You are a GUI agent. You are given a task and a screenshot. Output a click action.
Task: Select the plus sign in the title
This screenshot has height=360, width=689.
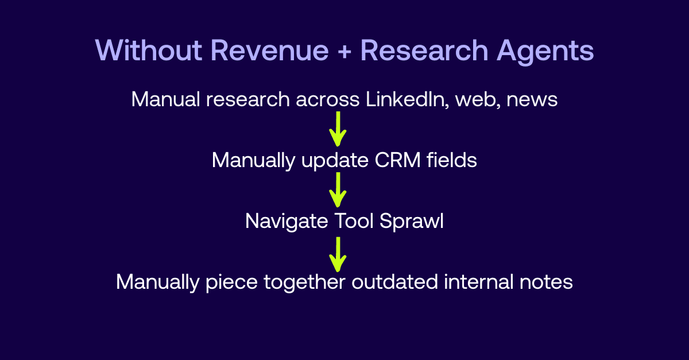344,52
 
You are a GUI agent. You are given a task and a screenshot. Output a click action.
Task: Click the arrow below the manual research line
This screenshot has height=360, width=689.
338,129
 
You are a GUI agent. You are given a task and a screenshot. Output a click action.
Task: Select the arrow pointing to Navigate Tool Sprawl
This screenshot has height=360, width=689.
338,189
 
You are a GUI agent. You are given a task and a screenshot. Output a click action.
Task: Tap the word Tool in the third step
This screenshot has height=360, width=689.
353,221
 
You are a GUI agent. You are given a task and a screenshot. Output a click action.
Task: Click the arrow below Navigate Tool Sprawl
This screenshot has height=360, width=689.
338,253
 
